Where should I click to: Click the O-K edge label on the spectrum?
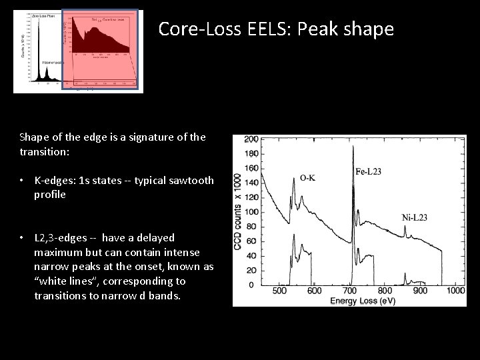(308, 178)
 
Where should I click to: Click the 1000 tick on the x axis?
(457, 291)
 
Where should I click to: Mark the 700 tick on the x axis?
(349, 291)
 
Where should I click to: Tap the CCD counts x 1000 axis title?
(238, 213)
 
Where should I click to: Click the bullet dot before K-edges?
(23, 181)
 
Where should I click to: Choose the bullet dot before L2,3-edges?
(23, 238)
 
